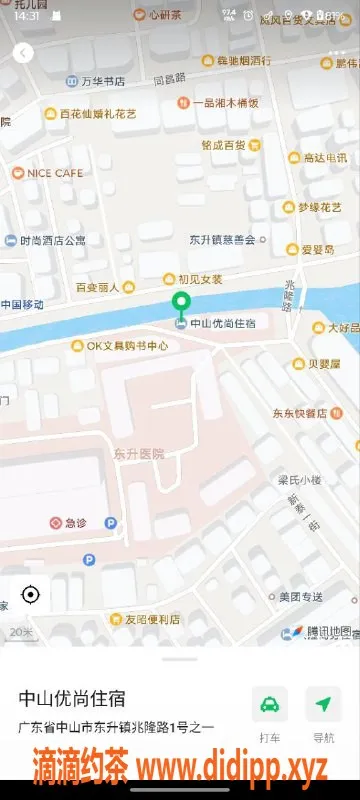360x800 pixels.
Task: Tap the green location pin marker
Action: tap(181, 304)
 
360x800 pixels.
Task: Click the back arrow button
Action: tap(23, 53)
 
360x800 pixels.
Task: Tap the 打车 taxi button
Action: tap(270, 705)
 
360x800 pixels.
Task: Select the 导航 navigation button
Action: tap(323, 705)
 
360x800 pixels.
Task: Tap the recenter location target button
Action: tap(30, 595)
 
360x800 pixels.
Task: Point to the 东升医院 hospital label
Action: tap(138, 453)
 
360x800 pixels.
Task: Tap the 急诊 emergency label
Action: tap(76, 522)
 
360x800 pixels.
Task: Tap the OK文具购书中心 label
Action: tap(119, 346)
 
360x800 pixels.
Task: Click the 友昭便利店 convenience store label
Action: tap(145, 619)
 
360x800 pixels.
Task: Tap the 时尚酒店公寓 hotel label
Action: tap(52, 240)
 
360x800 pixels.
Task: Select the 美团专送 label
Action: tap(300, 597)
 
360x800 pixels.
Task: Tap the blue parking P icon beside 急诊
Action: tap(110, 522)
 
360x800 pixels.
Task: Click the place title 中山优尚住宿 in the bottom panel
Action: tap(79, 697)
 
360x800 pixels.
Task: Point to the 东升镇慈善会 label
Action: tap(222, 239)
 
